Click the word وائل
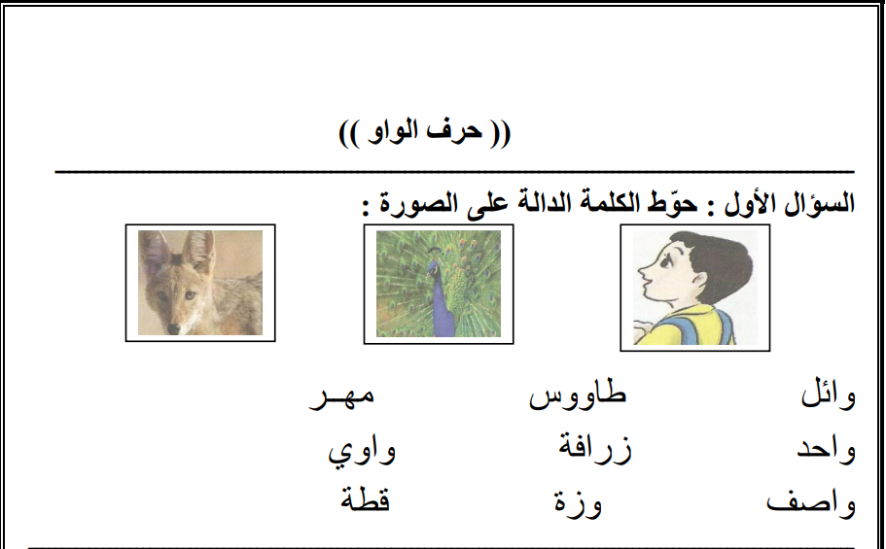[x=828, y=395]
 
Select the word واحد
[x=826, y=450]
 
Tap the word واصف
[x=811, y=502]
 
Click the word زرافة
[x=595, y=447]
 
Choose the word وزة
[x=578, y=501]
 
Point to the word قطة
[x=366, y=498]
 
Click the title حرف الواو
[x=425, y=131]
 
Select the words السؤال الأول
[x=790, y=203]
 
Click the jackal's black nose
[x=173, y=328]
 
